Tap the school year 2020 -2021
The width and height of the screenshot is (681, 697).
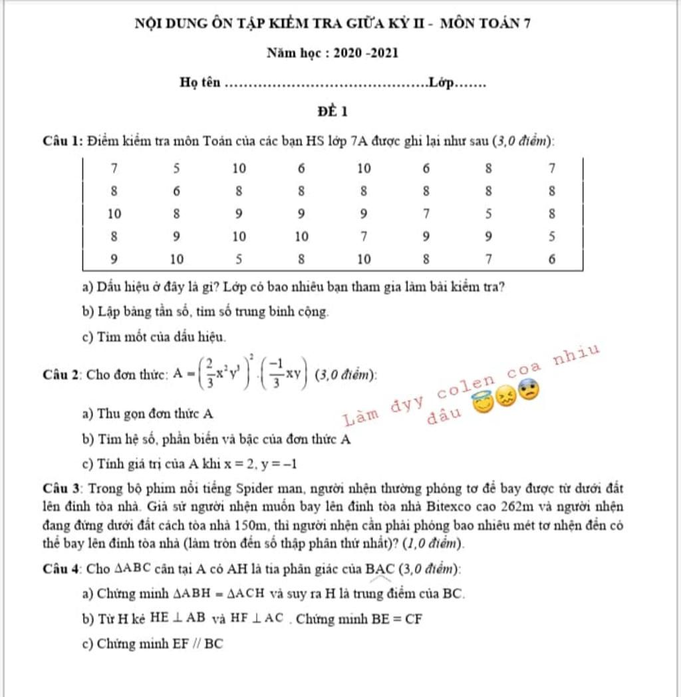click(x=366, y=53)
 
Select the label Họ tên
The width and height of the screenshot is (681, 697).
click(x=200, y=83)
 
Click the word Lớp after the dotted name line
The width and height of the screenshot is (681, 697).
click(x=441, y=83)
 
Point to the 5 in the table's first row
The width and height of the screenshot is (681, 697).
click(x=177, y=168)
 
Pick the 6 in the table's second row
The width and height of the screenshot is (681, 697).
click(x=177, y=191)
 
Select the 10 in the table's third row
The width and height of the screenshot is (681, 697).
click(x=114, y=214)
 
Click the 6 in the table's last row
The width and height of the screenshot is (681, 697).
click(x=551, y=260)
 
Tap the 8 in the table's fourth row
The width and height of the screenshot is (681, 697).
click(x=114, y=236)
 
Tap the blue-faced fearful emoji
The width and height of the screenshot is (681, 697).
click(x=528, y=390)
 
